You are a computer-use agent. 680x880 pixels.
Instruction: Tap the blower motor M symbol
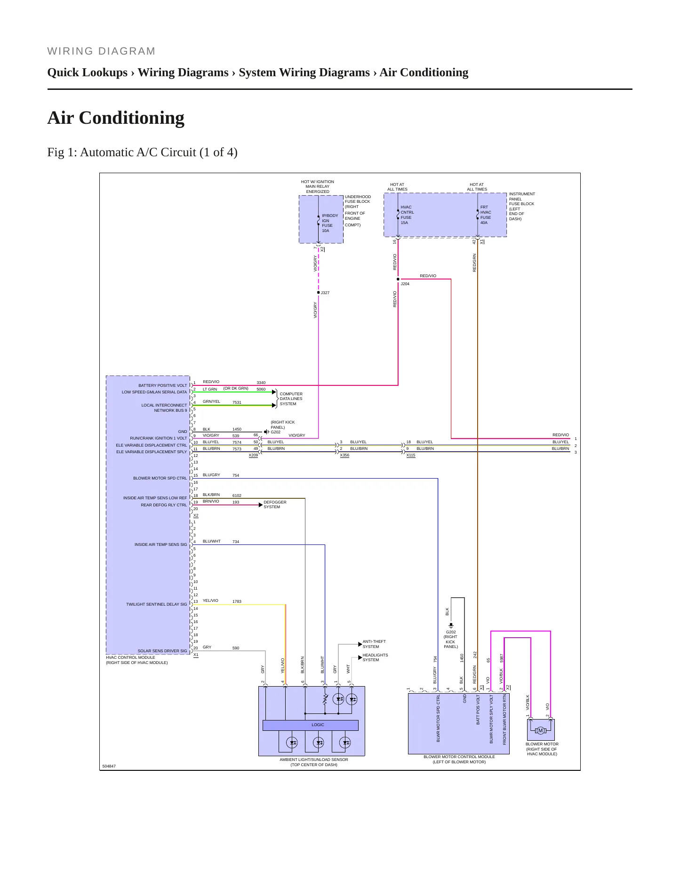[540, 730]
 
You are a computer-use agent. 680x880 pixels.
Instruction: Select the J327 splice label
[325, 293]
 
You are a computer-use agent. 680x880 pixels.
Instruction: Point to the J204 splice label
[405, 284]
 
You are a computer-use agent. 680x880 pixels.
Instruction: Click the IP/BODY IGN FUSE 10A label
[330, 223]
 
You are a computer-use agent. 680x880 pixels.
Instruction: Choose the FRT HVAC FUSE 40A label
[486, 215]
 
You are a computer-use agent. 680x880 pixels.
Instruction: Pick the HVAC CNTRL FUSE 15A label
[408, 215]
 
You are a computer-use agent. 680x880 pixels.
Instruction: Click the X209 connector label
[253, 455]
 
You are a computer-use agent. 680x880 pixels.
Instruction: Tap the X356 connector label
[344, 455]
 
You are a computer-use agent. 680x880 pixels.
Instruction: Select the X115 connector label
[411, 455]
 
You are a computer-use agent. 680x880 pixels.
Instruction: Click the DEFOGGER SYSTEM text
[275, 504]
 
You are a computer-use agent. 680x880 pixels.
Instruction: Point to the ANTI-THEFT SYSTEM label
[374, 644]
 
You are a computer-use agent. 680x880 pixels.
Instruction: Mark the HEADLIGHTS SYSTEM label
[375, 657]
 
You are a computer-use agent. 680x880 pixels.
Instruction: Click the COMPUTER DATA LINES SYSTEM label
[291, 399]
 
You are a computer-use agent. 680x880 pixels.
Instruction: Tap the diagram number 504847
[109, 766]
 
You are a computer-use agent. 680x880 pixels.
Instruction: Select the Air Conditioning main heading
[116, 118]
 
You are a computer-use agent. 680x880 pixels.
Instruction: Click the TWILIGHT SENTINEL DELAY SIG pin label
[156, 604]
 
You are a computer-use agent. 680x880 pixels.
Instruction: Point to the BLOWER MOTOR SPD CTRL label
[160, 478]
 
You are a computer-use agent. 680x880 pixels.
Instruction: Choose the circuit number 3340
[261, 383]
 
